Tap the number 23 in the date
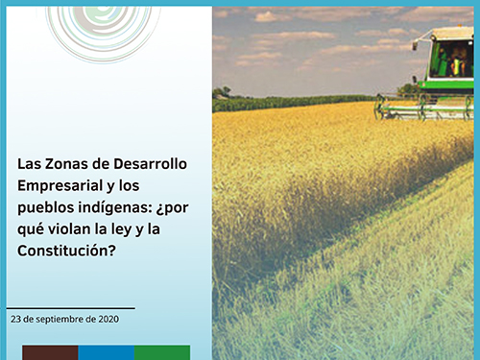(x=14, y=318)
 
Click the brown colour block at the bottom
(x=50, y=352)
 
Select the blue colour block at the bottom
(x=106, y=352)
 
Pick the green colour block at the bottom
(x=162, y=352)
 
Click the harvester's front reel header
(x=422, y=108)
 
